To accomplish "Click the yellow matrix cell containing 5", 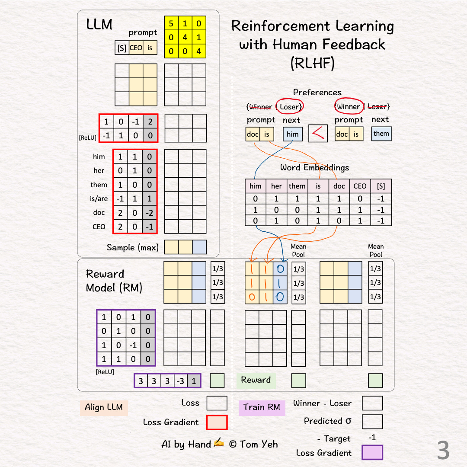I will click(171, 23).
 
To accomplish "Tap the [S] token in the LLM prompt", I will click(122, 48).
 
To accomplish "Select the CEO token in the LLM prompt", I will click(136, 48).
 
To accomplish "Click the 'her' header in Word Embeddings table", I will click(276, 186).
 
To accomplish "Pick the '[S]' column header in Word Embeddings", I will click(381, 186).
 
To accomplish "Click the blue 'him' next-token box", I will click(293, 134).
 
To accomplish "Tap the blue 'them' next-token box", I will click(381, 134).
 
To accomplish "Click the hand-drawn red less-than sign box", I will click(318, 134).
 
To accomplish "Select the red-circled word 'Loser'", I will click(289, 106).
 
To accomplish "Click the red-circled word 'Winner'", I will click(348, 106).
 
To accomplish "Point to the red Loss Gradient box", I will click(217, 422).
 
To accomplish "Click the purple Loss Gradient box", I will click(372, 452).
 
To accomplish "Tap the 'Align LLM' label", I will click(104, 407).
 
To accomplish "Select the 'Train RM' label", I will click(262, 407).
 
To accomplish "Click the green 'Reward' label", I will click(256, 380).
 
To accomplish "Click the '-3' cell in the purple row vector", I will click(181, 381).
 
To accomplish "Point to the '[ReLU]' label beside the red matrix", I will click(88, 138).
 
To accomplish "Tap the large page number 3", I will click(443, 451).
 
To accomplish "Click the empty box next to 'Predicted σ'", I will click(372, 422).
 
